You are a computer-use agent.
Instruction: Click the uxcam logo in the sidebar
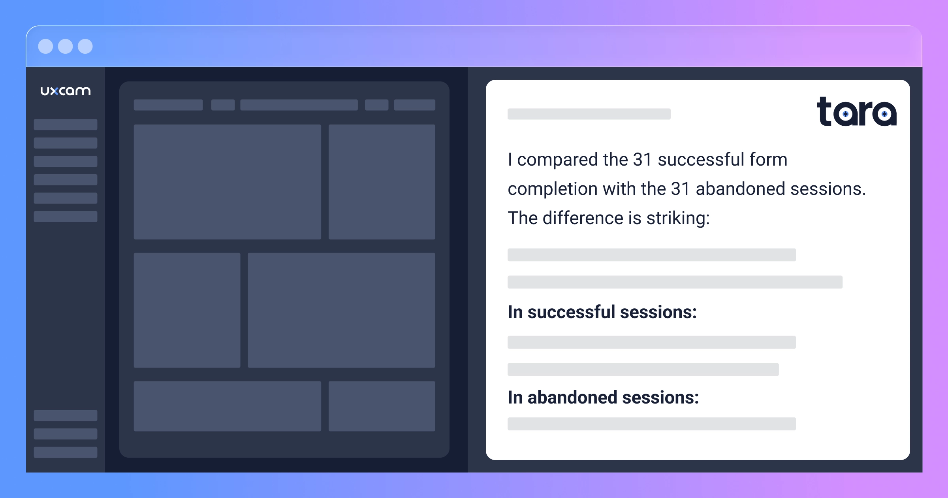66,91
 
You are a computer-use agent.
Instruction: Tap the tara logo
857,112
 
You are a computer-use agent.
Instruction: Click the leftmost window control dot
45,46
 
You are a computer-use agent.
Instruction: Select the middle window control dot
65,46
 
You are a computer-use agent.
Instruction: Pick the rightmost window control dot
85,46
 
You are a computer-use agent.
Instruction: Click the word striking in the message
678,219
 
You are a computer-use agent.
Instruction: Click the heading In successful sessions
602,312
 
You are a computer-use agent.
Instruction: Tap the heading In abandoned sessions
603,398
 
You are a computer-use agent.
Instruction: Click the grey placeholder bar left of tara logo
589,114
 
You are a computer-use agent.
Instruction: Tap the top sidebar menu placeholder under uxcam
66,124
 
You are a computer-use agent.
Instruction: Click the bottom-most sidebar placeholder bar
66,452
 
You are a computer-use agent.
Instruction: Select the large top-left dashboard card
228,182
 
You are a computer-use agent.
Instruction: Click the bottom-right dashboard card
382,406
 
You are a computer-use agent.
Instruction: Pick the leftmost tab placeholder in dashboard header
168,105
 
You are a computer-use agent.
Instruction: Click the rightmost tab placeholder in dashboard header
415,105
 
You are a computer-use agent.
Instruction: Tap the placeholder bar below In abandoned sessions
652,424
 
